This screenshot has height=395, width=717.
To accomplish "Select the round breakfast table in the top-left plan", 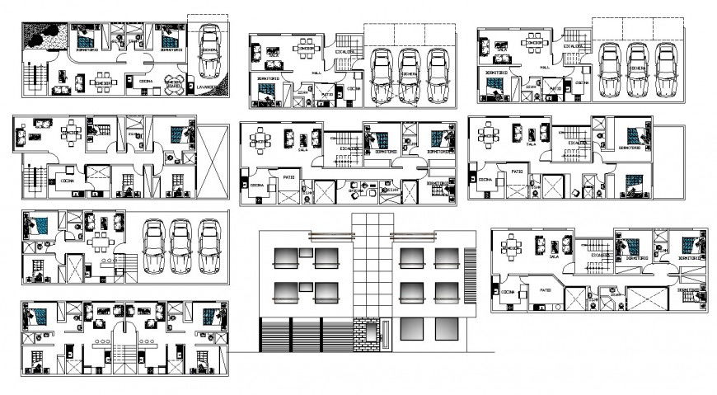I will (x=173, y=86).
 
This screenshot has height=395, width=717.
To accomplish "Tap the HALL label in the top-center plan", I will (x=317, y=73).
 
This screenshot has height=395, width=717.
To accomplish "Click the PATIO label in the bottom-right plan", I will (x=546, y=291).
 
